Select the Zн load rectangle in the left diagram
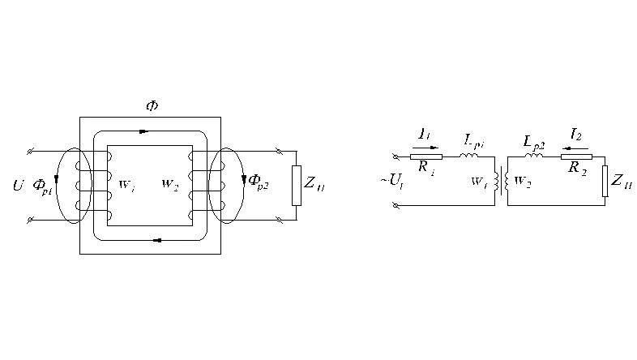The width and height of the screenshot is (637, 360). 296,184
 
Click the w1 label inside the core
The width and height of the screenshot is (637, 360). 127,183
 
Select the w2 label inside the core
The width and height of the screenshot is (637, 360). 170,183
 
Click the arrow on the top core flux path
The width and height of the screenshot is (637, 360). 144,130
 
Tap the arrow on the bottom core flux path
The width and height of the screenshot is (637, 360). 156,239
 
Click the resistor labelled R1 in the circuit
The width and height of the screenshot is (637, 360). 426,156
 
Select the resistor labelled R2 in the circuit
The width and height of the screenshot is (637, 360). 576,156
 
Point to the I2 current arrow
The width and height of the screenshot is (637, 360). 576,148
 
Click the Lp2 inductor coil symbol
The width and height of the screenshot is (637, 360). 534,155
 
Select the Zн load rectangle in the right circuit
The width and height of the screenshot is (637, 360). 605,181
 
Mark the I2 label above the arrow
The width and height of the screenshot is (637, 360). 576,135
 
